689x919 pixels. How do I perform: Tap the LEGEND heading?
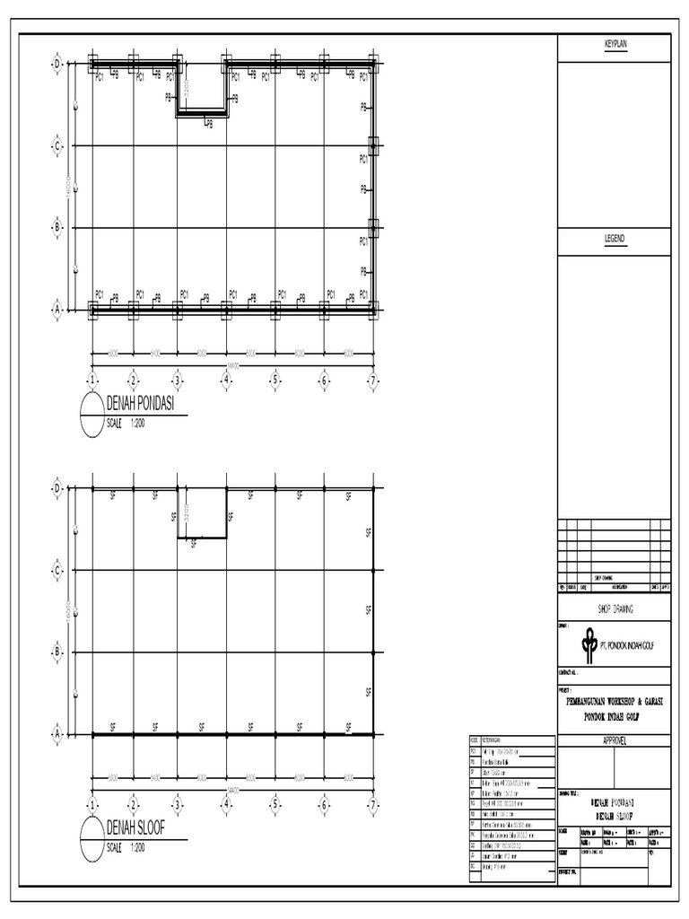614,239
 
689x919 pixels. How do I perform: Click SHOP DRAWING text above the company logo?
615,608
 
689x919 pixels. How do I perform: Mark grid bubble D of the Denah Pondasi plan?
57,65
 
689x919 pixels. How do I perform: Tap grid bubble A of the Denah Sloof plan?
57,734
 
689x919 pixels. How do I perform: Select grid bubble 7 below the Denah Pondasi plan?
372,381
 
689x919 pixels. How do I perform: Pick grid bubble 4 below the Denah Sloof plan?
226,805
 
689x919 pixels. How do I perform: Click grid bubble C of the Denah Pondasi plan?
57,145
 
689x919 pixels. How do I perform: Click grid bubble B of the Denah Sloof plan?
57,652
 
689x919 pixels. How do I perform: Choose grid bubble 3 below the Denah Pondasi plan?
177,381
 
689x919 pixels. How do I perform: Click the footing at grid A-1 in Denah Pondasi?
93,310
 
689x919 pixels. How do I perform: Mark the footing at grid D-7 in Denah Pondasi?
371,64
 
